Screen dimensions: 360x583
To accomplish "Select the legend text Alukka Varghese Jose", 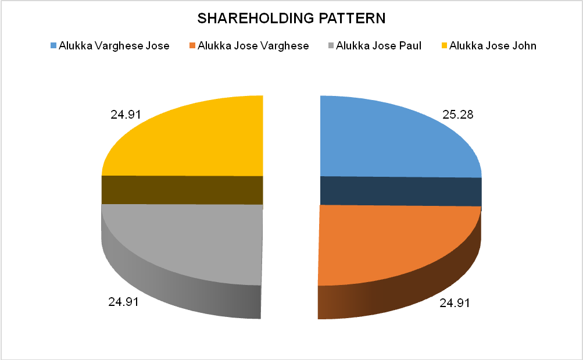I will tap(114, 45).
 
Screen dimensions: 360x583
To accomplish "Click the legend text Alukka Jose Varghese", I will tap(253, 45).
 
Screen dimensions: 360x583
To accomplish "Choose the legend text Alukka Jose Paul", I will tap(378, 45).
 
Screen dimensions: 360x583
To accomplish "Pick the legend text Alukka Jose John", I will tap(493, 45).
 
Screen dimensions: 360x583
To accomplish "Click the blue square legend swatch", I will tap(53, 45).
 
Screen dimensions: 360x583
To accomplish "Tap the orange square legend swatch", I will tap(192, 45).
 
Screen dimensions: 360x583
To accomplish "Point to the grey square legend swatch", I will tap(331, 45).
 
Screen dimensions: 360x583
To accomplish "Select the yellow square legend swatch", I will tap(445, 45).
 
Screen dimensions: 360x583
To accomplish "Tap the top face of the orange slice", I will tap(389, 244).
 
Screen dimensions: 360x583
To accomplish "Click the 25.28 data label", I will tap(458, 115).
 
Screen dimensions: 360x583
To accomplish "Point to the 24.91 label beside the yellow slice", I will tap(126, 115).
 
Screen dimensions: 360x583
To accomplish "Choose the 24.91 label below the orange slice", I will tap(454, 303).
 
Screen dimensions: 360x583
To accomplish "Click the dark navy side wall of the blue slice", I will tap(401, 191).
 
